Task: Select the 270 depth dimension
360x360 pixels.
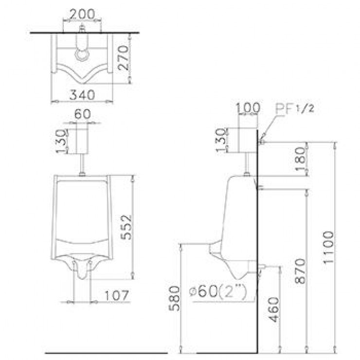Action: pyautogui.click(x=123, y=58)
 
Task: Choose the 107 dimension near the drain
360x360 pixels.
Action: pyautogui.click(x=115, y=295)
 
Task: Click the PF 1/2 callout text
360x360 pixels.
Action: pyautogui.click(x=292, y=108)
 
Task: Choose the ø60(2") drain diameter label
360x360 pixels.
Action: pyautogui.click(x=218, y=292)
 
